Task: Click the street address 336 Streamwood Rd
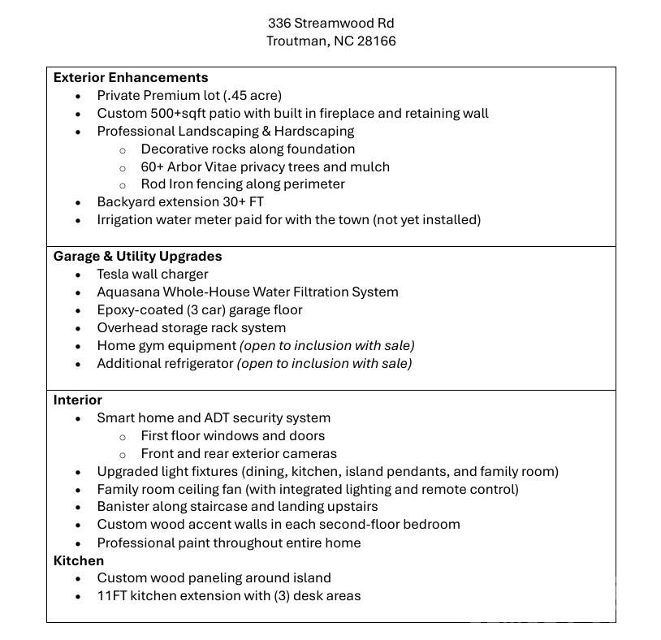(x=331, y=23)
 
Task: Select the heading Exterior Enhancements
(x=131, y=78)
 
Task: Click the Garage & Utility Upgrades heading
(x=137, y=256)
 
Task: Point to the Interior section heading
(x=78, y=400)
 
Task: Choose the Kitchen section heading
(x=79, y=560)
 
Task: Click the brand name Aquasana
(x=128, y=292)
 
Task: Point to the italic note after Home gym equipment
(x=326, y=345)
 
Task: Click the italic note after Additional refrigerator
(x=324, y=363)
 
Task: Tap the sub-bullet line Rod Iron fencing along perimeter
(x=243, y=184)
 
